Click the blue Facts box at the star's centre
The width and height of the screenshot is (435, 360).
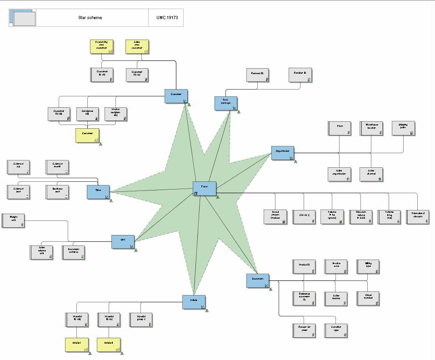pos(204,188)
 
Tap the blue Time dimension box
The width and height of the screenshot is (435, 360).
pos(98,192)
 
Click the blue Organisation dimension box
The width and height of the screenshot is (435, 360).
pos(283,153)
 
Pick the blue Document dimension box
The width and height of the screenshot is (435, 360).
pos(258,280)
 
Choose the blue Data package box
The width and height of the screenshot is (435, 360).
pos(226,103)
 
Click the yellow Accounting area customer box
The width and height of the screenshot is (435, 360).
pos(101,47)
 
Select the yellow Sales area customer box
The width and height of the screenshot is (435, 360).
pos(137,47)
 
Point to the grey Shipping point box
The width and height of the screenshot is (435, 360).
pos(403,128)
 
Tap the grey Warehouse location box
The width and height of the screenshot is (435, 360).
pos(371,128)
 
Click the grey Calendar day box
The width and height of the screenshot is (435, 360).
pos(18,167)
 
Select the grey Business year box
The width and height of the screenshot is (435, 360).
pos(57,192)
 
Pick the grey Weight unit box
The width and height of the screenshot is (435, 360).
pos(13,220)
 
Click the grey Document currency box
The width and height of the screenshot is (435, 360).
pos(73,252)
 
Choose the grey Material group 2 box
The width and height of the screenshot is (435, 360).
pos(141,320)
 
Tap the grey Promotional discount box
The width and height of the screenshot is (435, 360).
pos(417,217)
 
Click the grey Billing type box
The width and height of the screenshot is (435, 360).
pos(368,266)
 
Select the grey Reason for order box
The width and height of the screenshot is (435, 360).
pos(304,330)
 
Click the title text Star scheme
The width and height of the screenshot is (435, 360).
pos(90,18)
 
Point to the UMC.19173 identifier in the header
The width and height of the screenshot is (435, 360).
pos(167,18)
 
